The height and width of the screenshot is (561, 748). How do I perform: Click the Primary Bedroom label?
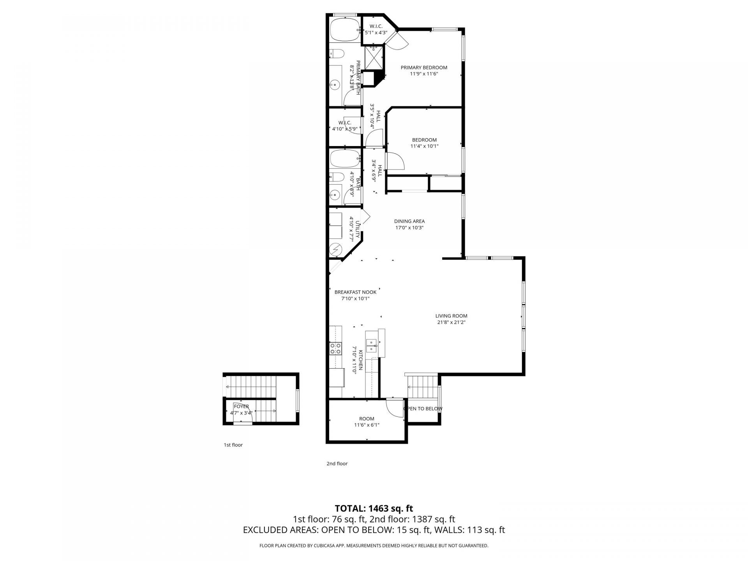[424, 67]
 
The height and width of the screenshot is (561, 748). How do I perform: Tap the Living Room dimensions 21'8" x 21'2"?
[451, 322]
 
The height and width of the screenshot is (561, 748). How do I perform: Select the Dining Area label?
[409, 221]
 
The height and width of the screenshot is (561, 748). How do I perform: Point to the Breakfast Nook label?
[355, 292]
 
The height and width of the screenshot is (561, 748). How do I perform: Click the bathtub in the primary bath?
[344, 30]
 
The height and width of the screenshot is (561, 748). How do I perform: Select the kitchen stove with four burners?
[335, 348]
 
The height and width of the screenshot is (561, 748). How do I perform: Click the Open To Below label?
[423, 409]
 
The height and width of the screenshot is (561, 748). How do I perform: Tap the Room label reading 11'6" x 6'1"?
[367, 422]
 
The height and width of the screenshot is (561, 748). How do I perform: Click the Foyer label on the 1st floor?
[241, 407]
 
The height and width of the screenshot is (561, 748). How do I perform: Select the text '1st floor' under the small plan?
[233, 445]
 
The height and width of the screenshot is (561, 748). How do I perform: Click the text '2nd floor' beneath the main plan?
[337, 464]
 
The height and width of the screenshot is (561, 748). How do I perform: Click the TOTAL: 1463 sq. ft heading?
[374, 508]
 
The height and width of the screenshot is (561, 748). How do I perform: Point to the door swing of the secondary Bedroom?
[395, 161]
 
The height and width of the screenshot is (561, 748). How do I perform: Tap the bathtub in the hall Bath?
[344, 159]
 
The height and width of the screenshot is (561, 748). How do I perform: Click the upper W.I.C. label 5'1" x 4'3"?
[376, 30]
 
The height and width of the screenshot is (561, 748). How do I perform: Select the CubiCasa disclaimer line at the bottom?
[374, 546]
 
